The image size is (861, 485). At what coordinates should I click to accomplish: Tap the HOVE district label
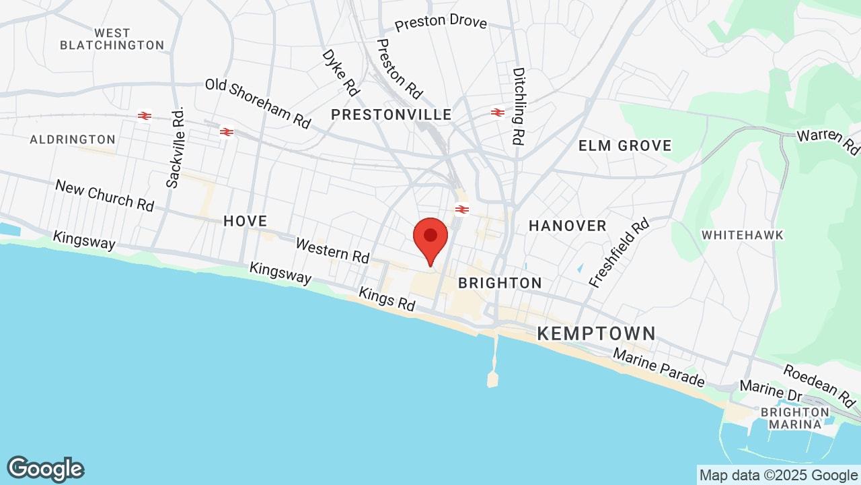tap(245, 221)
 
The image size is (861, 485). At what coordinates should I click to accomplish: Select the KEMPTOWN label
tap(596, 333)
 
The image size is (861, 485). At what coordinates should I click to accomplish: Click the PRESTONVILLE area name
tap(391, 115)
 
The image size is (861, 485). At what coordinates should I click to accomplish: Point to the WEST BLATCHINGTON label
tap(112, 39)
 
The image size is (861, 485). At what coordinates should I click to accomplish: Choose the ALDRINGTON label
tap(73, 139)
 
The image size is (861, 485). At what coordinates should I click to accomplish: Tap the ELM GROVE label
tap(625, 145)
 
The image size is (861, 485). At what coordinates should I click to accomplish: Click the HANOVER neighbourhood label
tap(568, 226)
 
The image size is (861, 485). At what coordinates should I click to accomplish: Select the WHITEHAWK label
tap(743, 235)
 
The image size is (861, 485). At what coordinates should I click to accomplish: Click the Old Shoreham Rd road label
tap(258, 104)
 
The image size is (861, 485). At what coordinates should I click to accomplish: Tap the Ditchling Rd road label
tap(518, 106)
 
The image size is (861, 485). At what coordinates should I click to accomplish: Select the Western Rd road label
tap(332, 251)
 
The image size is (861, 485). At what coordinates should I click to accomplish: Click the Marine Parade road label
tap(659, 368)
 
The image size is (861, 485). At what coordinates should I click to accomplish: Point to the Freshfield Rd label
tap(620, 253)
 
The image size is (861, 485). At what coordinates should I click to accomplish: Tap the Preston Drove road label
tap(441, 23)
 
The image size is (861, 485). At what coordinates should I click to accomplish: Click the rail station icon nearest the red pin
tap(461, 209)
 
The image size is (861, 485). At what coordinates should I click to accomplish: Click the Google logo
tap(46, 469)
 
